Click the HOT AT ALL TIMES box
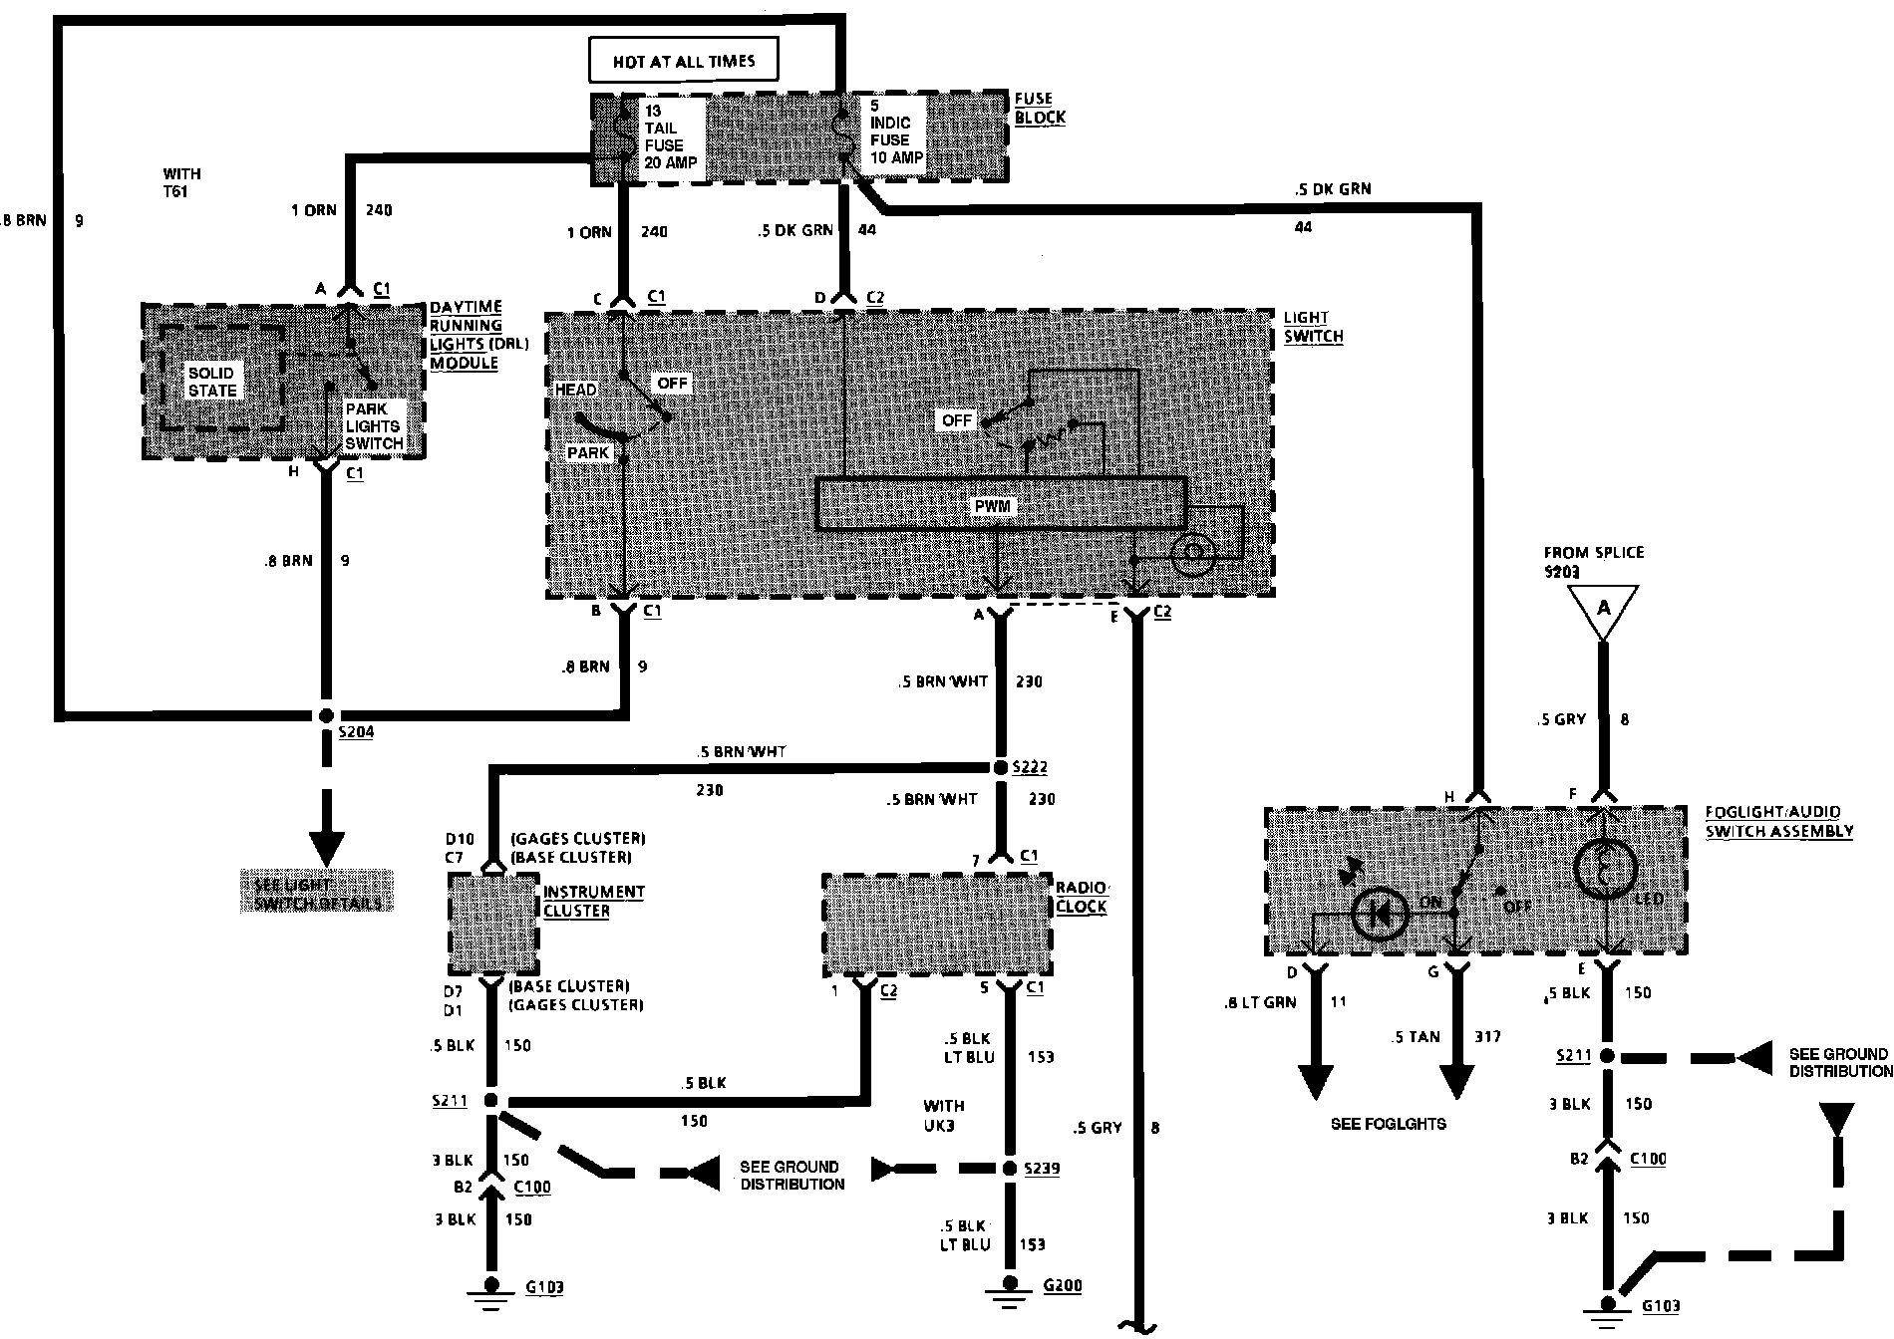683,60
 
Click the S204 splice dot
326,715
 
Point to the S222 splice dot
1000,767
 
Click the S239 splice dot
1010,1168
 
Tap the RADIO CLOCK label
1081,898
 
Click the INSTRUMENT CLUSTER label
593,901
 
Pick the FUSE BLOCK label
1040,108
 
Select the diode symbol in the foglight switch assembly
1381,912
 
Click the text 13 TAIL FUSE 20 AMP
670,136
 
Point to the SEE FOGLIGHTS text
1388,1124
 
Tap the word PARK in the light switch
587,453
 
